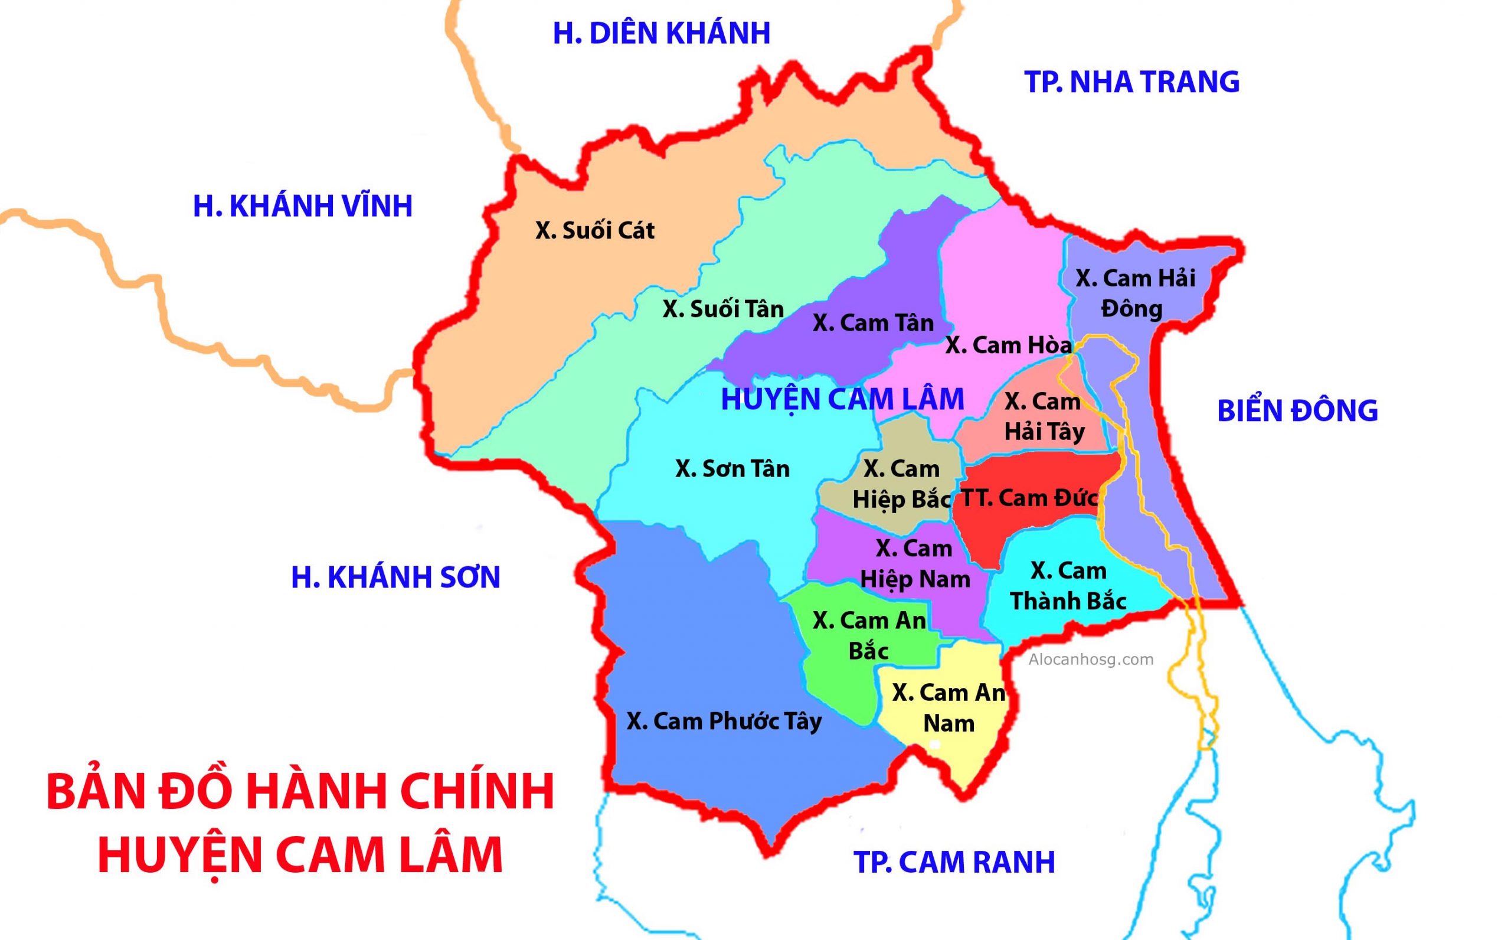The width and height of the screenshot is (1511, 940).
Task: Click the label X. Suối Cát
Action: (594, 231)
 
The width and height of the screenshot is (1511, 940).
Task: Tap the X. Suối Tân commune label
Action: (722, 309)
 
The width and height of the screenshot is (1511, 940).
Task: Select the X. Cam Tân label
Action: (873, 324)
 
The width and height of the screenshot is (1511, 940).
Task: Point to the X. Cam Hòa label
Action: (1008, 345)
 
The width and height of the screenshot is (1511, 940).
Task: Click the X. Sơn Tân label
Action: (732, 469)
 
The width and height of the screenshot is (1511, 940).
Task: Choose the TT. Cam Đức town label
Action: (1029, 498)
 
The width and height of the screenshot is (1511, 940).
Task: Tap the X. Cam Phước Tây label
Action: (724, 721)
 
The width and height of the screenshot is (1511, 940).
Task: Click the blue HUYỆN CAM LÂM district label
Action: (842, 399)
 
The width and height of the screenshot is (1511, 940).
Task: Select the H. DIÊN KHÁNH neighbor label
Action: (662, 33)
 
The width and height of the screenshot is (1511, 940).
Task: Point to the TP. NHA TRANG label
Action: (1131, 82)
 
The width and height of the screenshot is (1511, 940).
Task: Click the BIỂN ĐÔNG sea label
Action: (1297, 411)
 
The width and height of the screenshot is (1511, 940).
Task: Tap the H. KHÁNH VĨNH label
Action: (303, 207)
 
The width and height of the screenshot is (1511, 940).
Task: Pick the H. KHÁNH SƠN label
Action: (395, 578)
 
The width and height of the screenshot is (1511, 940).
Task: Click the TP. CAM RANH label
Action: (954, 861)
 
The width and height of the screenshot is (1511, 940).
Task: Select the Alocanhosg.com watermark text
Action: (1090, 660)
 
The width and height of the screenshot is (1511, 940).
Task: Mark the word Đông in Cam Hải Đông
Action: (1131, 309)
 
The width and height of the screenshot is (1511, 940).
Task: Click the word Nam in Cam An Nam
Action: (948, 724)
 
